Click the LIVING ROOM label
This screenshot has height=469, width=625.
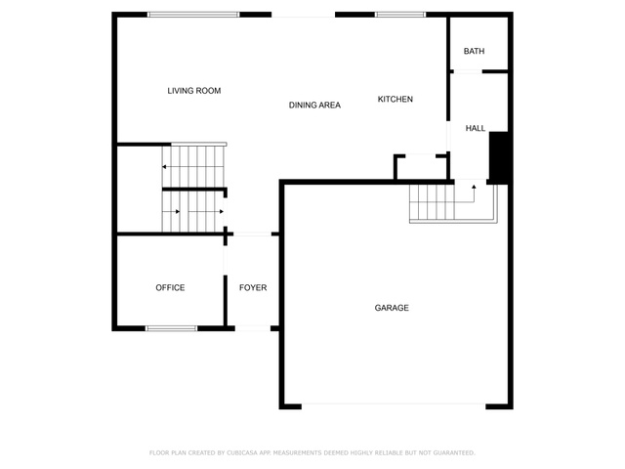[x=194, y=91]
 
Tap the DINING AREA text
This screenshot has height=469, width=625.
[x=314, y=106]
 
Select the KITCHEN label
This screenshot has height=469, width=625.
[x=395, y=100]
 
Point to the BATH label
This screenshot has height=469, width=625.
[x=474, y=51]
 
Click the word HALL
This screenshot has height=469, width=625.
[x=476, y=128]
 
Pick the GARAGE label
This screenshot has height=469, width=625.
[x=392, y=308]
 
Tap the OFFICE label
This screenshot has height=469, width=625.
[x=170, y=288]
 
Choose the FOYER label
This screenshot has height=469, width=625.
[x=253, y=288]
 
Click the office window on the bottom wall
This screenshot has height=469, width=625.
[x=172, y=328]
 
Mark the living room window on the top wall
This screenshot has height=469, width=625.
[x=193, y=15]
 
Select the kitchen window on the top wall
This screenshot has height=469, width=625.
[x=400, y=15]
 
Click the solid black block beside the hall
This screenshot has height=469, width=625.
[x=498, y=158]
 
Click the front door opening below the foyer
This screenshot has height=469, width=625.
[x=253, y=328]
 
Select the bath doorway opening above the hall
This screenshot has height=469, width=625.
[x=468, y=71]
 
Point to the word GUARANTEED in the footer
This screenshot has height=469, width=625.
[x=453, y=453]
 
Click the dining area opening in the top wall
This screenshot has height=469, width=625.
[x=303, y=15]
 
